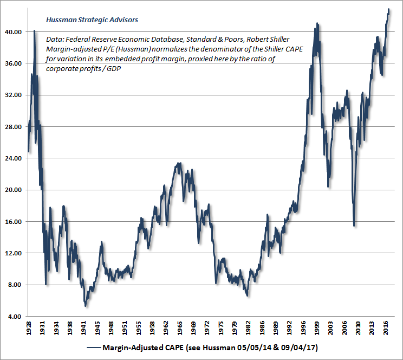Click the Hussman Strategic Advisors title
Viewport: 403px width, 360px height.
click(x=92, y=20)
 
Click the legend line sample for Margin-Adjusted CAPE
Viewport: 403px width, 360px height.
click(x=98, y=347)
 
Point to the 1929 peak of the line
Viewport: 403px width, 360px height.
click(x=34, y=31)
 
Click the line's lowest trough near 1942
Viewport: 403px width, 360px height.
click(x=85, y=306)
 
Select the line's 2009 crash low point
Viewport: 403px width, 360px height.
click(x=354, y=226)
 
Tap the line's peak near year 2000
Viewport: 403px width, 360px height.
click(x=317, y=24)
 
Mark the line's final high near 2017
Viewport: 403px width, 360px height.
click(x=388, y=9)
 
